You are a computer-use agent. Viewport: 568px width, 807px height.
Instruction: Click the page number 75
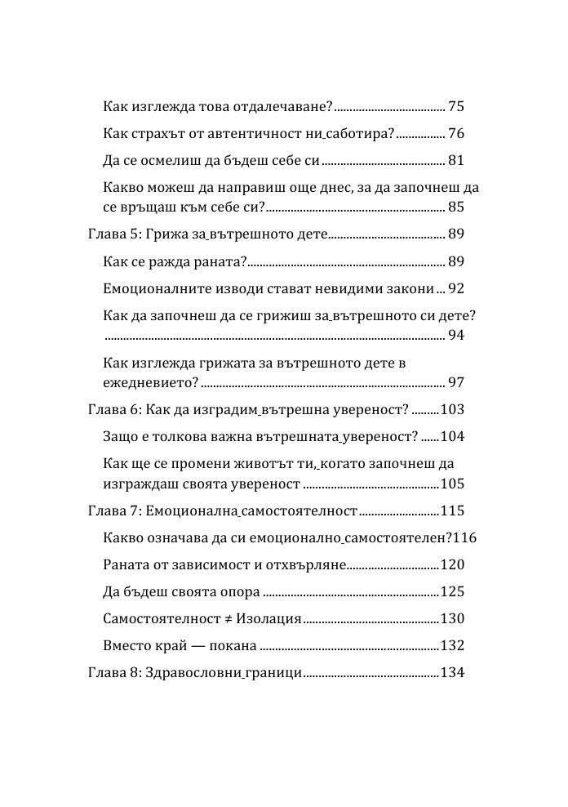456,107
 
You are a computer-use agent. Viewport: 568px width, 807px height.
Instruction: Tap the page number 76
456,133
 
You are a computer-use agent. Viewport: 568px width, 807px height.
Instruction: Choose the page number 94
456,335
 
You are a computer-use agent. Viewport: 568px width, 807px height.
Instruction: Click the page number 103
451,409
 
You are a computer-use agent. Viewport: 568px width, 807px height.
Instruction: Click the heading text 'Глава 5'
112,234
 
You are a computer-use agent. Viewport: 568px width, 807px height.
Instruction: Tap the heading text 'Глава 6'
112,409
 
